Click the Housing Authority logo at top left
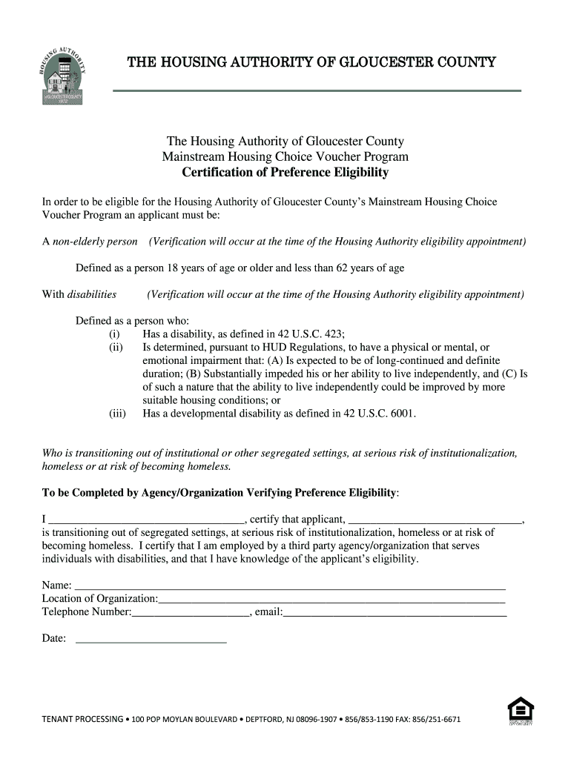[x=63, y=76]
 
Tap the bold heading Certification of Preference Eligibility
[x=285, y=173]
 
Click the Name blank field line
[x=290, y=586]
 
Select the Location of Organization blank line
[x=331, y=599]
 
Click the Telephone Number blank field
[x=191, y=613]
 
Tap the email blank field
[x=395, y=613]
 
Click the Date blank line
[x=151, y=639]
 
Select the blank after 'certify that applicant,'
[x=435, y=520]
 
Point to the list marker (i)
[x=114, y=334]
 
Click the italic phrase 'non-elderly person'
[x=95, y=242]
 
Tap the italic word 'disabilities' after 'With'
[x=92, y=294]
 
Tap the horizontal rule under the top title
[x=317, y=90]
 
